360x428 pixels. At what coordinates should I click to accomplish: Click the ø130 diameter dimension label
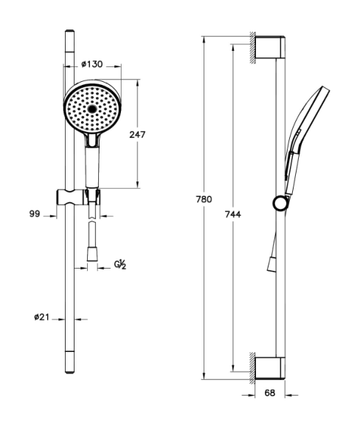coord(92,64)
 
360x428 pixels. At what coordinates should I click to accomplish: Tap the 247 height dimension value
coord(137,134)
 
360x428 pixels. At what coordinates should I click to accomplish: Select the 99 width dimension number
coord(35,214)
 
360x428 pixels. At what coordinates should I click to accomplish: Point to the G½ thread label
coord(120,264)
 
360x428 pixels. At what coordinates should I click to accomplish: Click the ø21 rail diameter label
coord(41,317)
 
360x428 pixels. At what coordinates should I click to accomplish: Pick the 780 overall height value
coord(204,199)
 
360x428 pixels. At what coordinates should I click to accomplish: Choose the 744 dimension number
coord(233,215)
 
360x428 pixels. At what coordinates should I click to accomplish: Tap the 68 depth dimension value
coord(270,393)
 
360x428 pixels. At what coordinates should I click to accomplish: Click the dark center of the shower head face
coord(92,109)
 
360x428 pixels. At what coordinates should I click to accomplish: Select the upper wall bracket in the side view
coord(270,47)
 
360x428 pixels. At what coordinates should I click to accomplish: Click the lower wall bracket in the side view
coord(270,367)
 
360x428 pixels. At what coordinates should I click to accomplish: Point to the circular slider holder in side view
coord(280,204)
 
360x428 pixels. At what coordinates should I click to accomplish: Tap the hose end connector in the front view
coord(92,254)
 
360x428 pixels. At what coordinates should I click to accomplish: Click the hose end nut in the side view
coord(271,264)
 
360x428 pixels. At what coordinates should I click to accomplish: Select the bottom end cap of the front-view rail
coord(69,362)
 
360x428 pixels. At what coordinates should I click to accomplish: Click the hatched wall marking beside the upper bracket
coord(253,48)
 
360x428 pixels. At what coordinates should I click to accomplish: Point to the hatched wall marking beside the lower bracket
coord(253,368)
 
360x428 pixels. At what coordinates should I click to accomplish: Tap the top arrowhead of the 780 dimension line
coord(204,39)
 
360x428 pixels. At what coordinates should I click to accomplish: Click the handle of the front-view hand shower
coord(92,167)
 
